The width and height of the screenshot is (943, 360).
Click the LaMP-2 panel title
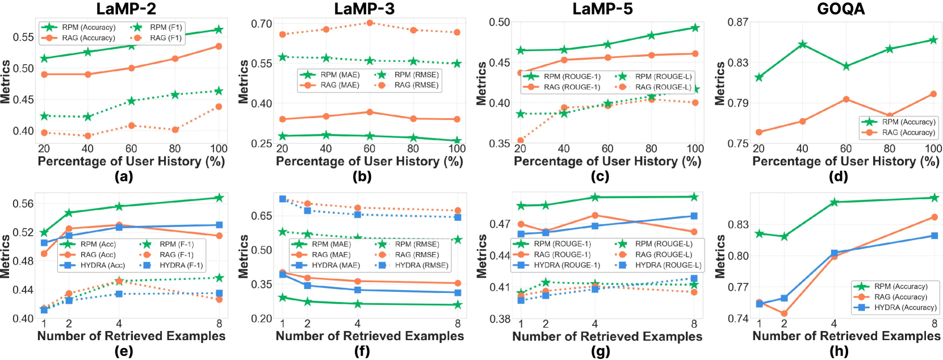(126, 9)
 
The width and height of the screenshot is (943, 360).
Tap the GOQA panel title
(841, 9)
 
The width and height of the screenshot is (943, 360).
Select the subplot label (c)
(600, 177)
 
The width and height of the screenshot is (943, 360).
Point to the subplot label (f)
(362, 351)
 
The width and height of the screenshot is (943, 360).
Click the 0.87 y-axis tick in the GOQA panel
(737, 22)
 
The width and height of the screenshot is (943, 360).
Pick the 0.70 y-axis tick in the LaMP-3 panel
(261, 24)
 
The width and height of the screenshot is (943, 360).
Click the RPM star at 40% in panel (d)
(802, 44)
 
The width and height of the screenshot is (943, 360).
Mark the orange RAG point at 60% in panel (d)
(846, 99)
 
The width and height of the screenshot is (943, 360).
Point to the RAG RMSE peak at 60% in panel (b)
(370, 23)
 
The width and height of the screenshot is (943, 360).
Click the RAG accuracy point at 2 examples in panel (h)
(784, 313)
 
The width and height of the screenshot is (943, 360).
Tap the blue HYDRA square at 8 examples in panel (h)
(934, 236)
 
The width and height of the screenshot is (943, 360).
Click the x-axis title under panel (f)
(370, 336)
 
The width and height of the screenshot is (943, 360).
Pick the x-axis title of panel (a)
(131, 161)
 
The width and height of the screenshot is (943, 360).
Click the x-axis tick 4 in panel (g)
(595, 324)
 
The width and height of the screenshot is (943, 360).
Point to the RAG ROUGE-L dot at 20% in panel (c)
(520, 140)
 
